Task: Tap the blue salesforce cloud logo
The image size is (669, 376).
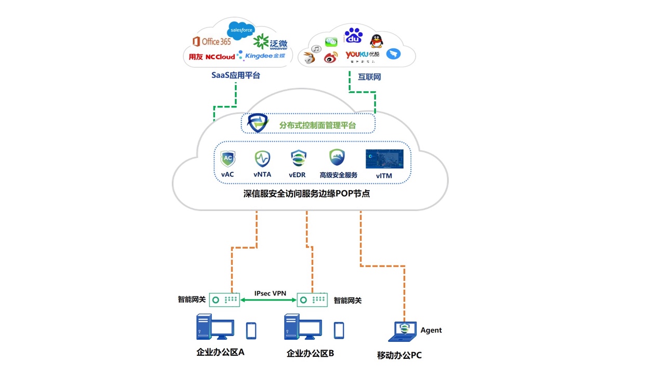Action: pyautogui.click(x=240, y=30)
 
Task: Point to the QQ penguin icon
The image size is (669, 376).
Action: pyautogui.click(x=376, y=41)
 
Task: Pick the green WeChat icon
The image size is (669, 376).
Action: pyautogui.click(x=331, y=42)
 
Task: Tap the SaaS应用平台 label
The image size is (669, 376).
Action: pyautogui.click(x=235, y=75)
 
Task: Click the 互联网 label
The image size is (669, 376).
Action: pyautogui.click(x=369, y=77)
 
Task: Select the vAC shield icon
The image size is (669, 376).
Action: pyautogui.click(x=228, y=159)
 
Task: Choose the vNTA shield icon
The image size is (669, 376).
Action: pyautogui.click(x=262, y=158)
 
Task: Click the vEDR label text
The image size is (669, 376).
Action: pyautogui.click(x=297, y=175)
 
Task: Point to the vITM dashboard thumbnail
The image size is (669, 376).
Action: pyautogui.click(x=384, y=159)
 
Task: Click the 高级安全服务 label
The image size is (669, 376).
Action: pyautogui.click(x=339, y=175)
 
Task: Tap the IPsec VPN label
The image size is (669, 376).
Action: pyautogui.click(x=270, y=293)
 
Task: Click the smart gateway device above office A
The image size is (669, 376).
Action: pyautogui.click(x=224, y=300)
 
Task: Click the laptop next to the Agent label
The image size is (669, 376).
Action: pyautogui.click(x=403, y=332)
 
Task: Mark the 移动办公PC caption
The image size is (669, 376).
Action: pyautogui.click(x=399, y=356)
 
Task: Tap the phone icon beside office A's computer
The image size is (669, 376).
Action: pyautogui.click(x=251, y=330)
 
